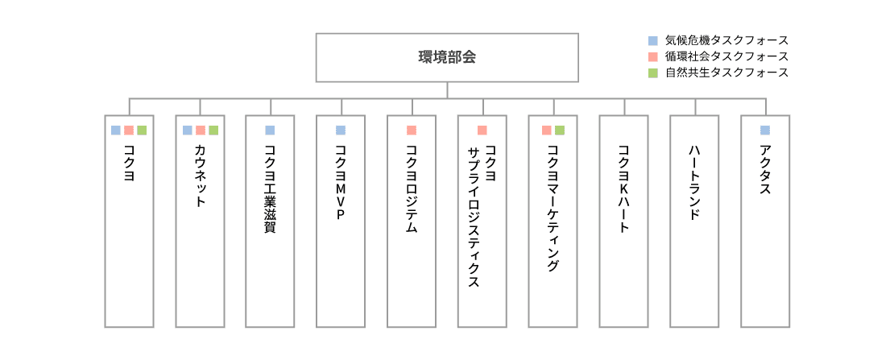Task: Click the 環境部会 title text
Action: [447, 57]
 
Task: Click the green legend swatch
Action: [653, 72]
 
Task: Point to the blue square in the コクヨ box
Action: [116, 130]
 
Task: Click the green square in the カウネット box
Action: [213, 130]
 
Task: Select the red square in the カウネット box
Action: [200, 130]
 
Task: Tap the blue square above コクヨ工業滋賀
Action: [271, 130]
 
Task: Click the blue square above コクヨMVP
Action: [341, 130]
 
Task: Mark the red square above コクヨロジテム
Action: [412, 130]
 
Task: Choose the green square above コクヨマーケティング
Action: [559, 130]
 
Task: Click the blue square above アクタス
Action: [765, 130]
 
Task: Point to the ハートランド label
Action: [694, 183]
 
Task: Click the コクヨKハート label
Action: [623, 188]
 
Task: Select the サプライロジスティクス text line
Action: [474, 217]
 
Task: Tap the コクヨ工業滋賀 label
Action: [271, 188]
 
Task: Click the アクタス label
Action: [765, 169]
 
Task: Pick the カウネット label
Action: [200, 176]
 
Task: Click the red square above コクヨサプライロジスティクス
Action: [482, 130]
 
